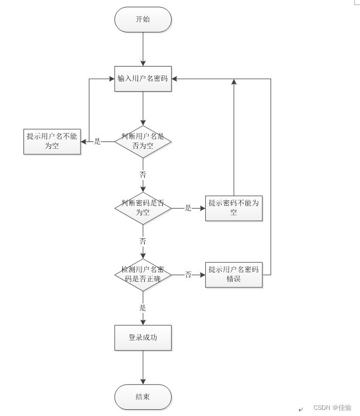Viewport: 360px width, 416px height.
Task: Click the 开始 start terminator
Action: [143, 20]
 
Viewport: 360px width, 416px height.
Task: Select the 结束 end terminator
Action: [143, 397]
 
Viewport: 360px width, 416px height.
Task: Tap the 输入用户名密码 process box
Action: [143, 79]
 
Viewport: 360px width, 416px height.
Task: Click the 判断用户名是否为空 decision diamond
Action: [143, 141]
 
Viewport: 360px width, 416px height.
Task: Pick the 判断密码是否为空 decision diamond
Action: [143, 208]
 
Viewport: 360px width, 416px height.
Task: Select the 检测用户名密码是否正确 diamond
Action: [143, 275]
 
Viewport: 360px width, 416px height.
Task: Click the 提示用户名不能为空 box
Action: [52, 141]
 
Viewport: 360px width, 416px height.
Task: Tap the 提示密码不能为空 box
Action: [234, 208]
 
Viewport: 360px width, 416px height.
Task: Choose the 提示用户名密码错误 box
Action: [234, 275]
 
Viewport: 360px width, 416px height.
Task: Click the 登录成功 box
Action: [143, 338]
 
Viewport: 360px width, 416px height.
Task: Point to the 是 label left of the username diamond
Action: [97, 141]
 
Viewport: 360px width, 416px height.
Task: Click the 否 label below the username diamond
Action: [143, 174]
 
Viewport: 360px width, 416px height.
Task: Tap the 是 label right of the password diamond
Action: [188, 208]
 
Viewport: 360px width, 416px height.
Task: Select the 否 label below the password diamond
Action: [143, 241]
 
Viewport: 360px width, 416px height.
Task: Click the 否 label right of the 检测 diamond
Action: [188, 275]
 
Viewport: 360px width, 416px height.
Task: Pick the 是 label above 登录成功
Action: [143, 308]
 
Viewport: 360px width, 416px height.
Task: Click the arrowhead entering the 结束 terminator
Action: [143, 381]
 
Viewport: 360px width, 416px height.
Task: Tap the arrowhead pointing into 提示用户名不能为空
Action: [83, 141]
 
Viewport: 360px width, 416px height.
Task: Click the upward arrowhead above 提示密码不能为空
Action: [234, 82]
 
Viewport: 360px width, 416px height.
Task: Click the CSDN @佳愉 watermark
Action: [333, 408]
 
